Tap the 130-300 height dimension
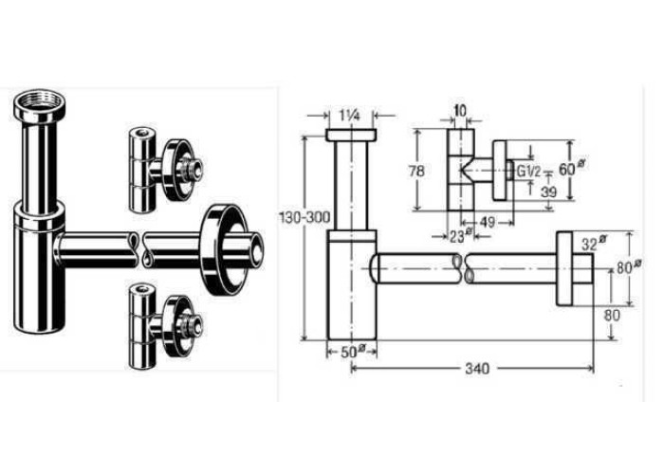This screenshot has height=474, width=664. tap(304, 217)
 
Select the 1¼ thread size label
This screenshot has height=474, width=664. tap(349, 115)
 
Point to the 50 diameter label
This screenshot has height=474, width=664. tap(352, 352)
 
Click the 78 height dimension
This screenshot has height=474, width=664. tap(416, 171)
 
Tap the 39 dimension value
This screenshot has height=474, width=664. tap(549, 192)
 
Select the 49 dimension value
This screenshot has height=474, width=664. tap(489, 222)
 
